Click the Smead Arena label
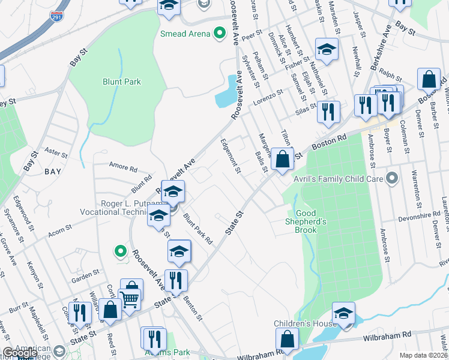(185, 34)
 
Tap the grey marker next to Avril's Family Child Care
(393, 178)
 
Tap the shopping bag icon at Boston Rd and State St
(282, 160)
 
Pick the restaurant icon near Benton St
(176, 280)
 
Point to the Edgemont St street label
(230, 156)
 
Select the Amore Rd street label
(122, 166)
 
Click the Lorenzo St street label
(267, 94)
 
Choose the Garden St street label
(85, 275)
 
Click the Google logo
(20, 353)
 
